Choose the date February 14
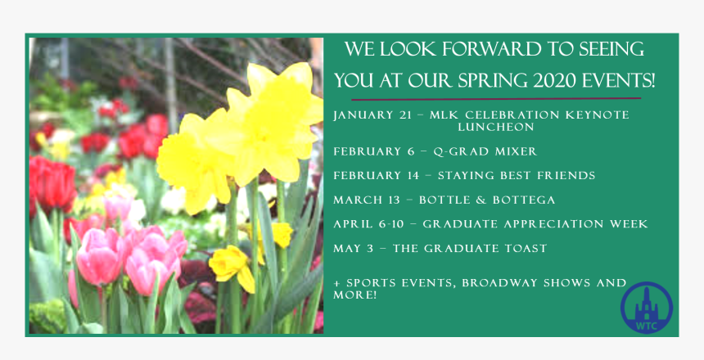click(377, 176)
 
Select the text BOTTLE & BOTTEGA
click(487, 200)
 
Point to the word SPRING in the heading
click(475, 81)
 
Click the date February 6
click(373, 151)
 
